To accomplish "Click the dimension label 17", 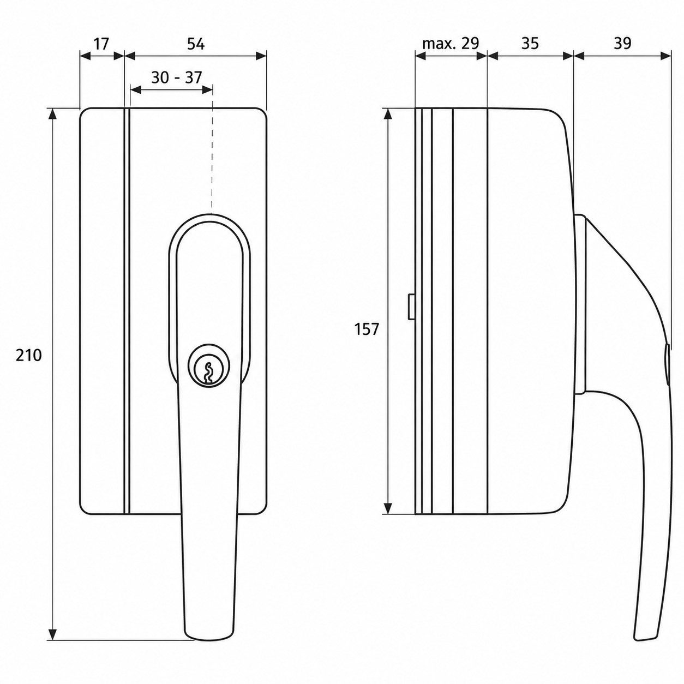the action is pyautogui.click(x=100, y=44).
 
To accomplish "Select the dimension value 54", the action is pyautogui.click(x=196, y=44).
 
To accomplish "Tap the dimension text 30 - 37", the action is pyautogui.click(x=176, y=77).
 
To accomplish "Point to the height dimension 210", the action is pyautogui.click(x=29, y=355).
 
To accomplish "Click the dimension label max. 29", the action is pyautogui.click(x=451, y=43).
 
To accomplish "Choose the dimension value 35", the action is pyautogui.click(x=530, y=43).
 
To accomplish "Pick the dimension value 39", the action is pyautogui.click(x=622, y=43).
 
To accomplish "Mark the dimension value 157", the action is pyautogui.click(x=367, y=329).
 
